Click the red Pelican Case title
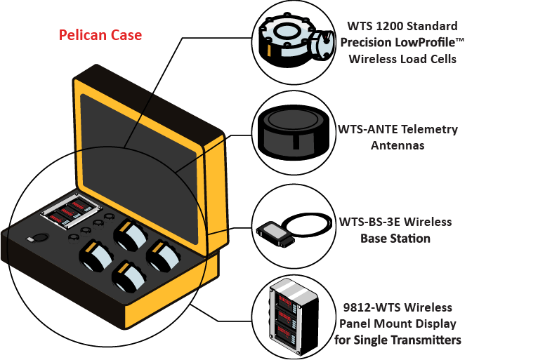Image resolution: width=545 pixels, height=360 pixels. pos(100,35)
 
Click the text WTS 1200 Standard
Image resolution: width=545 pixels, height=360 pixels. pos(402,27)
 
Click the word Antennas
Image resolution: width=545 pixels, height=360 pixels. pos(397,146)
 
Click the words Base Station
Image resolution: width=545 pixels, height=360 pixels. pos(395,239)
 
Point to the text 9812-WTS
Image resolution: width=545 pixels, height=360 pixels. pos(372,308)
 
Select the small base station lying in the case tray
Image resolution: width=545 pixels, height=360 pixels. pos(31,239)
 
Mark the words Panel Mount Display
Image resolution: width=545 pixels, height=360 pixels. pos(398,324)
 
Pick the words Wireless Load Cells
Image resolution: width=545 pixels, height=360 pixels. pos(403,59)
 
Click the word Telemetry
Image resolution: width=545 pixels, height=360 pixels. pos(431,130)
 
